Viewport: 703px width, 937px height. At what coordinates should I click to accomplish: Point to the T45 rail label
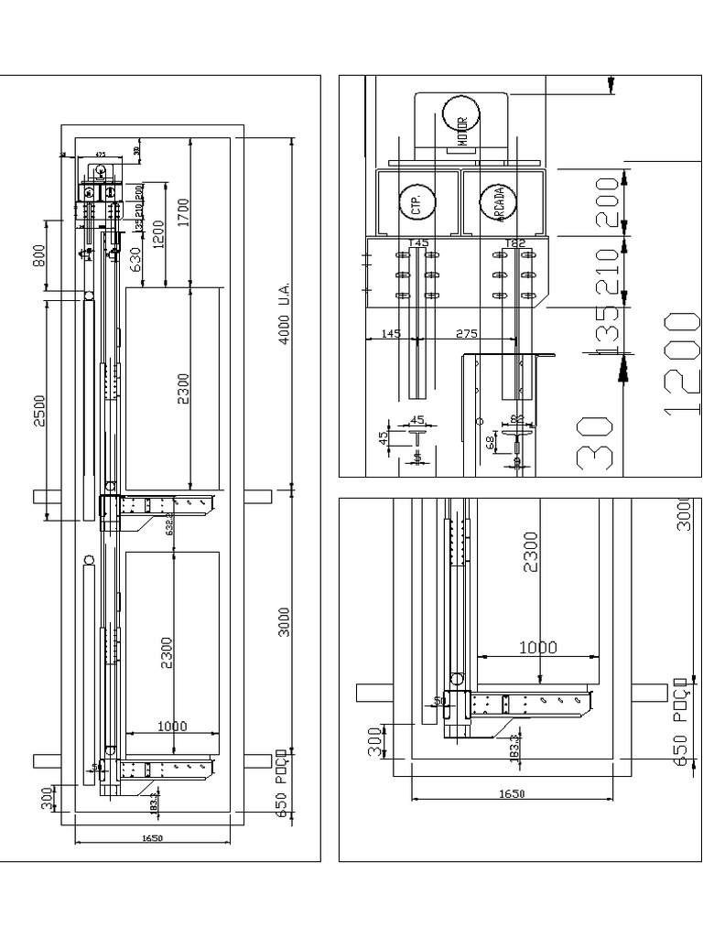tap(418, 243)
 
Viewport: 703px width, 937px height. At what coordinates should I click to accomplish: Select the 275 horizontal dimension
tap(467, 334)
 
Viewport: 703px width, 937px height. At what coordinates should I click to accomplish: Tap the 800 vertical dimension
tap(38, 255)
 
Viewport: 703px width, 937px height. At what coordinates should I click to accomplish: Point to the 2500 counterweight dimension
tap(39, 415)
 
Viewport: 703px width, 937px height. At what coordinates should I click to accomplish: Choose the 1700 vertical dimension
tap(183, 212)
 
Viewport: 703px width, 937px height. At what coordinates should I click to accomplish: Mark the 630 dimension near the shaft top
tap(136, 261)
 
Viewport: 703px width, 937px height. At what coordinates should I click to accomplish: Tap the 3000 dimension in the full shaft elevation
tap(285, 622)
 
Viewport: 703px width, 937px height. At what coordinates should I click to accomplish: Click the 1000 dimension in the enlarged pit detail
tap(537, 647)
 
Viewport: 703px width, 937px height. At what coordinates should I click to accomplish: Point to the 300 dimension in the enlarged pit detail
tap(373, 741)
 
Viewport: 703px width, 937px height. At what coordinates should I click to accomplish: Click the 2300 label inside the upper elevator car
tap(183, 389)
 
